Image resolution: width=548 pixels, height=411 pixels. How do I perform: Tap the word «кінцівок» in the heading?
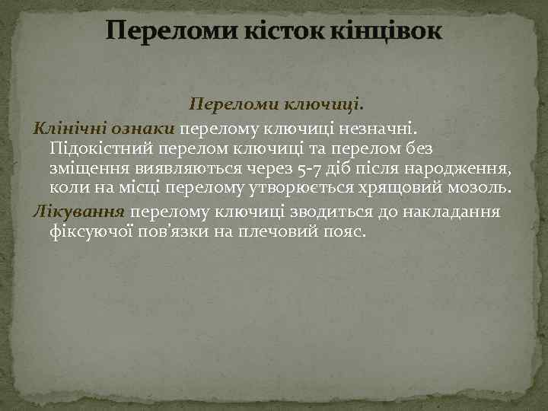pyautogui.click(x=387, y=31)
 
